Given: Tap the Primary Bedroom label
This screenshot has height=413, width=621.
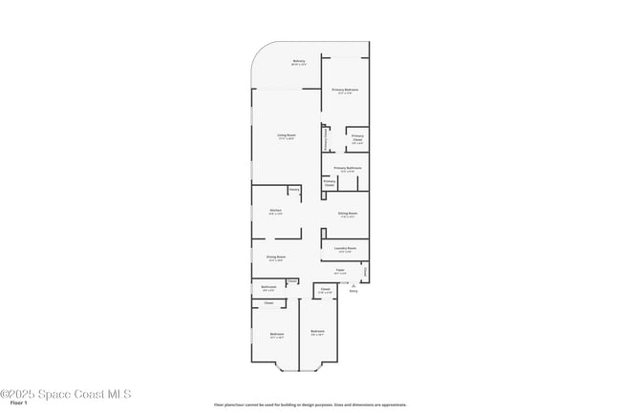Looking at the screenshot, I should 345,90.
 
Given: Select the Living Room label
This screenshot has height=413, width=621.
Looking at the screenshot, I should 286,135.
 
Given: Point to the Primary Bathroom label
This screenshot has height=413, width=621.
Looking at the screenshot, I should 348,168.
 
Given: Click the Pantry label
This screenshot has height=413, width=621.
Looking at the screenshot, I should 294,190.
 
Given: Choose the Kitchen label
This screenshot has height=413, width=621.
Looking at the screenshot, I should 275,210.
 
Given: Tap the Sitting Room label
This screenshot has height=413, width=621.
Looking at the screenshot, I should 347,213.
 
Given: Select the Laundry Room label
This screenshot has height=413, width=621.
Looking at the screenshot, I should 346,248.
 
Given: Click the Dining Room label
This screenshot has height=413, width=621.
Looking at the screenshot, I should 275,257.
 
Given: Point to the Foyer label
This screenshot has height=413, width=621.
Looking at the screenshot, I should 339,270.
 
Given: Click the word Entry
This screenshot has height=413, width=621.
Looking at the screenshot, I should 353,291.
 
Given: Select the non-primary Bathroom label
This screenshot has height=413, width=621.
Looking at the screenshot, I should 268,286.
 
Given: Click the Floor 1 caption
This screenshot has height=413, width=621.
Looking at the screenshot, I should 19,403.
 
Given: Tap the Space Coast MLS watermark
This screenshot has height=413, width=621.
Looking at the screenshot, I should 66,394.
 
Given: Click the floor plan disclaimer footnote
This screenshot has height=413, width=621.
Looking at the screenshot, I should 310,404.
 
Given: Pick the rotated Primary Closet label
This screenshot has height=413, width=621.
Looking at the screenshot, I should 327,138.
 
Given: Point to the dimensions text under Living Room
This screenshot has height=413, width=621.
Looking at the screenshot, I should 286,139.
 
